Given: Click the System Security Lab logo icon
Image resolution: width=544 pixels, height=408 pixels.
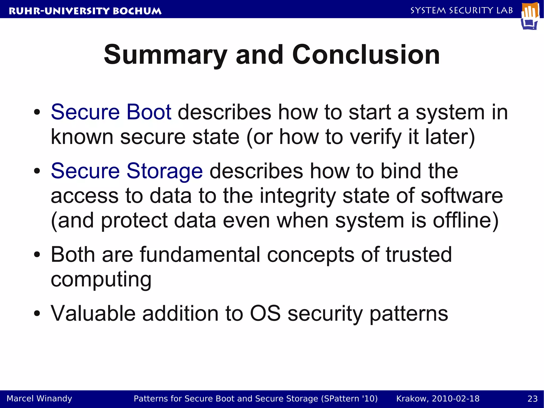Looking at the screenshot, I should pyautogui.click(x=530, y=16).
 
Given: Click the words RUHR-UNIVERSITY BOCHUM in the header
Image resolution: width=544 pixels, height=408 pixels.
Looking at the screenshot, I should pyautogui.click(x=85, y=11).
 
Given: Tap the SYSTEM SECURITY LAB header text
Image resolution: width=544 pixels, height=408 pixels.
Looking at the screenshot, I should pyautogui.click(x=462, y=10).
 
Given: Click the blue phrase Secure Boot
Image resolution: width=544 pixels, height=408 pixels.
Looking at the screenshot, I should pyautogui.click(x=111, y=112).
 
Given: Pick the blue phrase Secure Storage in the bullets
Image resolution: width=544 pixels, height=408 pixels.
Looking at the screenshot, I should pyautogui.click(x=127, y=171).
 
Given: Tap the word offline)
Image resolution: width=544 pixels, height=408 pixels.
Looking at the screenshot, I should pyautogui.click(x=466, y=221).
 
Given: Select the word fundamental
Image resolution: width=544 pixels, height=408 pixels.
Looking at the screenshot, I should pyautogui.click(x=200, y=255).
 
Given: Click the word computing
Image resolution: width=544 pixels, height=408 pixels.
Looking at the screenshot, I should pyautogui.click(x=101, y=280).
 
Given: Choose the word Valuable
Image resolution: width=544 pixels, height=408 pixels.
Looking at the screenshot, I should pyautogui.click(x=93, y=313).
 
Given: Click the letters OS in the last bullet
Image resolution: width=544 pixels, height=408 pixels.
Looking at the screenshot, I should pyautogui.click(x=265, y=313).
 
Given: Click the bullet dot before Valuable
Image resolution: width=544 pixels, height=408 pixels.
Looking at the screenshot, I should pyautogui.click(x=37, y=314).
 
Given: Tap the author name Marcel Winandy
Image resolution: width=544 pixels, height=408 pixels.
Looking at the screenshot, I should pyautogui.click(x=39, y=398).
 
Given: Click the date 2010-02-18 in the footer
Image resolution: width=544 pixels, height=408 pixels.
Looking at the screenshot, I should pyautogui.click(x=456, y=398).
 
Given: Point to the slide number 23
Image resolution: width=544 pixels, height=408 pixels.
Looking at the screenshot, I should pyautogui.click(x=532, y=398).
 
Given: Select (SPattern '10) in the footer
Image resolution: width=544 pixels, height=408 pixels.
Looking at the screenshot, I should pyautogui.click(x=349, y=398).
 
